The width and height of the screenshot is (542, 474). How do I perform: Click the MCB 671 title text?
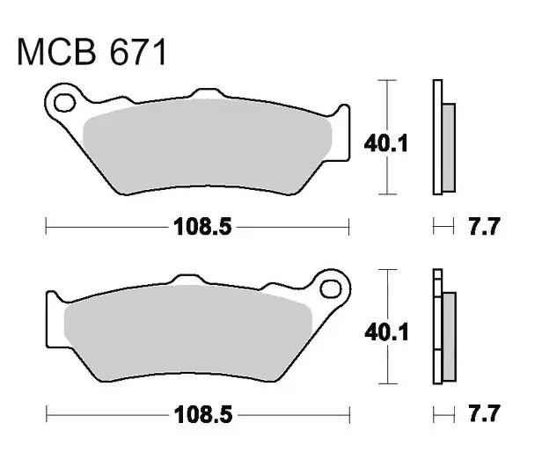(x=92, y=52)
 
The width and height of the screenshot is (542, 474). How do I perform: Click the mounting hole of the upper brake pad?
(x=64, y=103)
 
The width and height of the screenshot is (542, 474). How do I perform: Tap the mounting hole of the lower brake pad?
(x=331, y=288)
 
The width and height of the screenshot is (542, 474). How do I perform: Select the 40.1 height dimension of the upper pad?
(x=386, y=143)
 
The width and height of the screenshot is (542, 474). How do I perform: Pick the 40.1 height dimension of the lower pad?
(x=387, y=332)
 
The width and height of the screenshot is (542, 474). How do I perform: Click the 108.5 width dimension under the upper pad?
(x=202, y=227)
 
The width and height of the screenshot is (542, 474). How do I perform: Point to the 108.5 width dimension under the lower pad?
(x=203, y=414)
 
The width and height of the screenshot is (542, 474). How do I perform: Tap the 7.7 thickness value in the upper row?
(x=484, y=226)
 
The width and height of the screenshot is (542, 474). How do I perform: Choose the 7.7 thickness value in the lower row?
(x=484, y=413)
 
